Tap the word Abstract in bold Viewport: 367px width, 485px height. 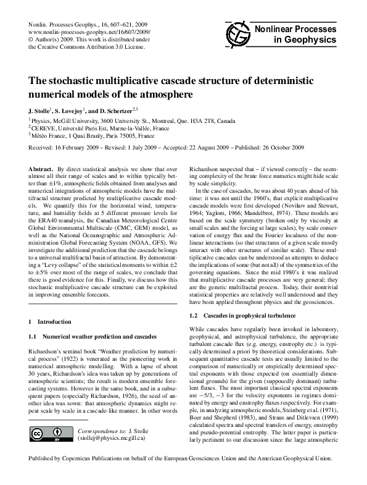click(41, 168)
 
